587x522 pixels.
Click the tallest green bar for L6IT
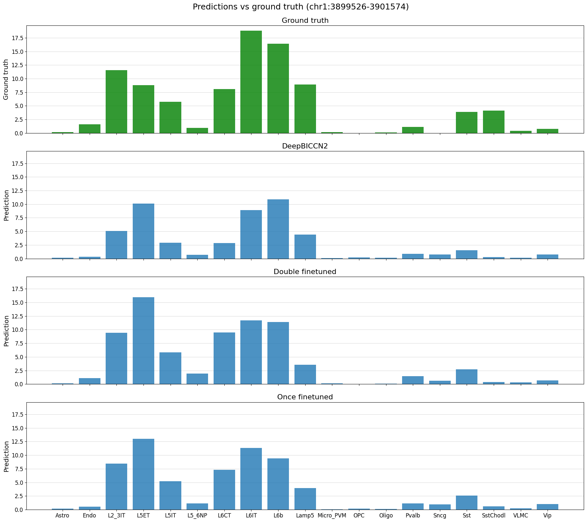251,82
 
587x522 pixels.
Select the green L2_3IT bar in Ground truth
116,101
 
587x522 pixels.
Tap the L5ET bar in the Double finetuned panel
143,341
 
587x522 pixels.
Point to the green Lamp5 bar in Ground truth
305,109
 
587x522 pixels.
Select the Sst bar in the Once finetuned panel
466,503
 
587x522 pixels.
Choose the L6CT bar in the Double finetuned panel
224,358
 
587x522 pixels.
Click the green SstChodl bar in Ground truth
493,122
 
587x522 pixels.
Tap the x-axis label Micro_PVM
332,515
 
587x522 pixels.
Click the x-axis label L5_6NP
197,515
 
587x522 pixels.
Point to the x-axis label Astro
63,515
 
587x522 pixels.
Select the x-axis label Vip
547,515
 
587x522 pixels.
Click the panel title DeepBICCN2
305,146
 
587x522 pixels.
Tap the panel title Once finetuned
305,397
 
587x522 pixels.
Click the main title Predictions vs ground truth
300,7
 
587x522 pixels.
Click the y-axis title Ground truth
6,79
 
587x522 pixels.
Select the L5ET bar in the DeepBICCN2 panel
143,231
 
